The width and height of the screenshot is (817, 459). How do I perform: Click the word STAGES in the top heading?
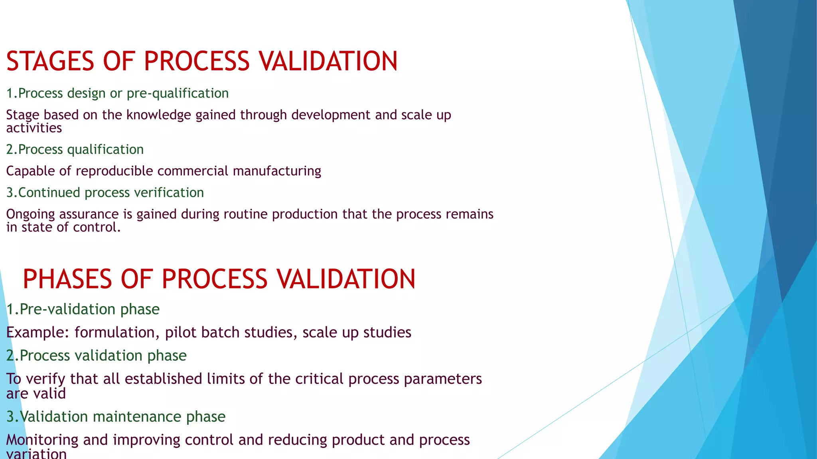pos(50,62)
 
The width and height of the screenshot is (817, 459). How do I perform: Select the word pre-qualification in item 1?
pos(178,93)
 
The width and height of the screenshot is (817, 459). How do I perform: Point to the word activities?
pos(34,128)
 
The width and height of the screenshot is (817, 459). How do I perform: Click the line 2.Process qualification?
pos(75,149)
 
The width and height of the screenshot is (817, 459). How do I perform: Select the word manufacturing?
pos(277,171)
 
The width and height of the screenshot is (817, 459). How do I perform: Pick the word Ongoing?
pos(30,214)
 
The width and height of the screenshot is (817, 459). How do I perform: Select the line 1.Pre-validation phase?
pos(83,309)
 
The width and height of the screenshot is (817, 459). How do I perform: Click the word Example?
pos(38,332)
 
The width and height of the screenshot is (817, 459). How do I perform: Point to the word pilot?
pos(180,332)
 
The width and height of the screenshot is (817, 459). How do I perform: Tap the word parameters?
pos(443,379)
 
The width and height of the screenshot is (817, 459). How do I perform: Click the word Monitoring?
pos(42,440)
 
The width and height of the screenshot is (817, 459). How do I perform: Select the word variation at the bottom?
pos(37,453)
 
